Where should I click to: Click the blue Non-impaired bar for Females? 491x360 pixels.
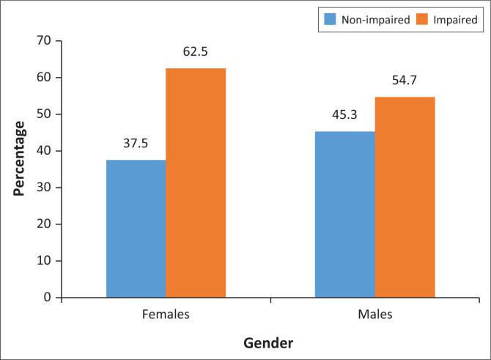[x=136, y=229]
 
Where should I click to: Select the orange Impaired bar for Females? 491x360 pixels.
[x=196, y=183]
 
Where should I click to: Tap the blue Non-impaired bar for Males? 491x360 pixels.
[x=344, y=214]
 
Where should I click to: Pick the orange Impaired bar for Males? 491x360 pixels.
[x=405, y=197]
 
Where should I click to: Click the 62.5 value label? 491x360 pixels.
[x=196, y=53]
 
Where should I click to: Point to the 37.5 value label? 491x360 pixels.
[x=136, y=144]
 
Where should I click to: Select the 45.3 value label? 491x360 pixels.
[x=344, y=116]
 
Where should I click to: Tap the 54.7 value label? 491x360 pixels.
[x=405, y=81]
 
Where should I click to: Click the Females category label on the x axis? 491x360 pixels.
[x=166, y=315]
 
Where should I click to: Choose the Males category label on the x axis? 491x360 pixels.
[x=374, y=315]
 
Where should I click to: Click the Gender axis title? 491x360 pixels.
[x=270, y=342]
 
